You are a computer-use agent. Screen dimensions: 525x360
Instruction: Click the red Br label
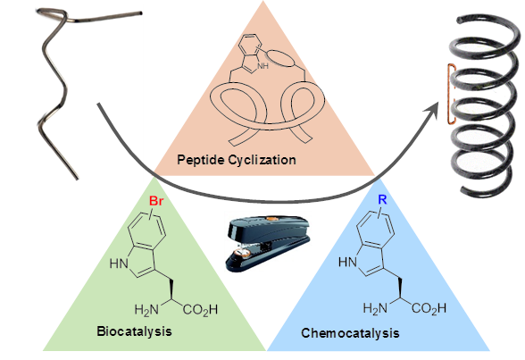(156, 201)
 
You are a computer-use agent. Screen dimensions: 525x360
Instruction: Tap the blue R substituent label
(382, 200)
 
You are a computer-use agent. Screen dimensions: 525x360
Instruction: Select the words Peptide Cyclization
(237, 160)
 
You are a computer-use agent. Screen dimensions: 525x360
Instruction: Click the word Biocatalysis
(134, 331)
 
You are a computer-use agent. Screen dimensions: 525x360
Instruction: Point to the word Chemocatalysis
(350, 333)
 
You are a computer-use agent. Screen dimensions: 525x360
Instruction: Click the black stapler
(268, 243)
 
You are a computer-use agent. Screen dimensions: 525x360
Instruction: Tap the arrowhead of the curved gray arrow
(431, 110)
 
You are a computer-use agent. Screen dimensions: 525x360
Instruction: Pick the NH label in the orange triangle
(262, 65)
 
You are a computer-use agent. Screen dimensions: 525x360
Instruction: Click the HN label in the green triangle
(119, 264)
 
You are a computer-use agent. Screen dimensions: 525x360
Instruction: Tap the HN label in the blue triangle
(347, 262)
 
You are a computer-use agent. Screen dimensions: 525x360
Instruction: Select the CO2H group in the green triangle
(200, 310)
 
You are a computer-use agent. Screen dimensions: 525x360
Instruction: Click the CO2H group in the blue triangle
(429, 308)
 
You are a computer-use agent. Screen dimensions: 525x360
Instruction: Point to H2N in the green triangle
(146, 310)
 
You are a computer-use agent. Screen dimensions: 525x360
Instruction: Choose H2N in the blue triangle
(375, 308)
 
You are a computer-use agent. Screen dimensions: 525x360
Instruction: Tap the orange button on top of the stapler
(271, 219)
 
